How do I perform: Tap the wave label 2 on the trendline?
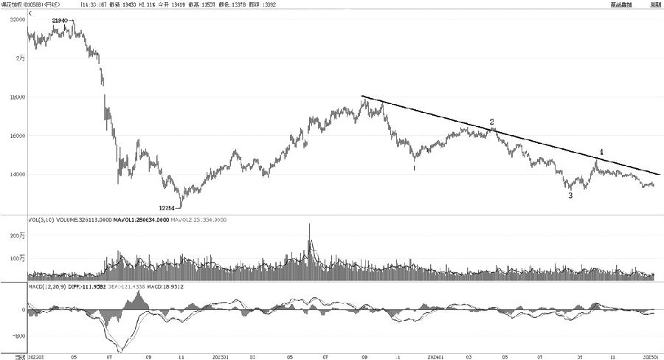pyautogui.click(x=492, y=121)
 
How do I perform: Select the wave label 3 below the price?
pyautogui.click(x=570, y=195)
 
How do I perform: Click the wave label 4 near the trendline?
pyautogui.click(x=601, y=152)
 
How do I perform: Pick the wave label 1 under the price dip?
pyautogui.click(x=414, y=168)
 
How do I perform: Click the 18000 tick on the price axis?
pyautogui.click(x=17, y=97)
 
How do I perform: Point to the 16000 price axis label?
pyautogui.click(x=17, y=136)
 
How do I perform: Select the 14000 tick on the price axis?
pyautogui.click(x=17, y=175)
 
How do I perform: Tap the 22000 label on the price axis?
pyautogui.click(x=17, y=21)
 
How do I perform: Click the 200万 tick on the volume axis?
pyautogui.click(x=16, y=235)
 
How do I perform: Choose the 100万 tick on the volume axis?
pyautogui.click(x=16, y=258)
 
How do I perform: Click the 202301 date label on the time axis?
pyautogui.click(x=220, y=356)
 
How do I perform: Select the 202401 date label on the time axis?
pyautogui.click(x=434, y=356)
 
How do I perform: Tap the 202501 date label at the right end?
pyautogui.click(x=650, y=356)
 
